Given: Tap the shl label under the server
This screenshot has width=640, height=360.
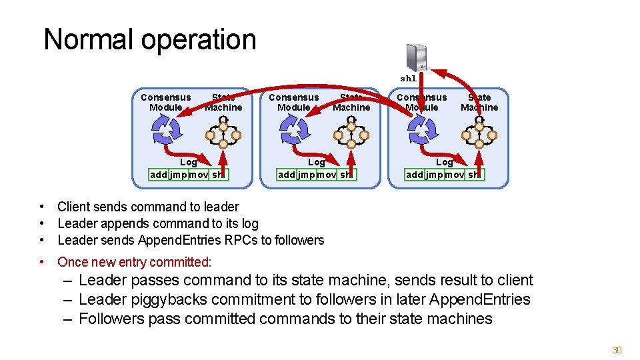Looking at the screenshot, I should pos(408,79).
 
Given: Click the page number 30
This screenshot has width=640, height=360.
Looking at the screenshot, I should pos(617,350).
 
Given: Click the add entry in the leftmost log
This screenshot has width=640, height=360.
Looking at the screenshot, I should pos(159,175).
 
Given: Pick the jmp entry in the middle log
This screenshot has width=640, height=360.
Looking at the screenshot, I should pos(306,175).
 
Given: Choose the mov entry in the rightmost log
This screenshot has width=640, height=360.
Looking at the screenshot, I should pos(454,175).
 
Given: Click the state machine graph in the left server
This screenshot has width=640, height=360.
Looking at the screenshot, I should pos(223,134).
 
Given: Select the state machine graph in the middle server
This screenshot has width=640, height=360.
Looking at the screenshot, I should pos(351,134).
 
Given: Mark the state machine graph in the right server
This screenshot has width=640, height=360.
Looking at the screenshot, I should pos(479,134).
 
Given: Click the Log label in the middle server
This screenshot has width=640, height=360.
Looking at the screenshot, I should pos(316,162).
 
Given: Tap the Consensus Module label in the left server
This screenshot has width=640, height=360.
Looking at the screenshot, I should pos(165,102).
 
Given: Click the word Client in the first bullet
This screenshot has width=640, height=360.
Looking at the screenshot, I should pos(75,207).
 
